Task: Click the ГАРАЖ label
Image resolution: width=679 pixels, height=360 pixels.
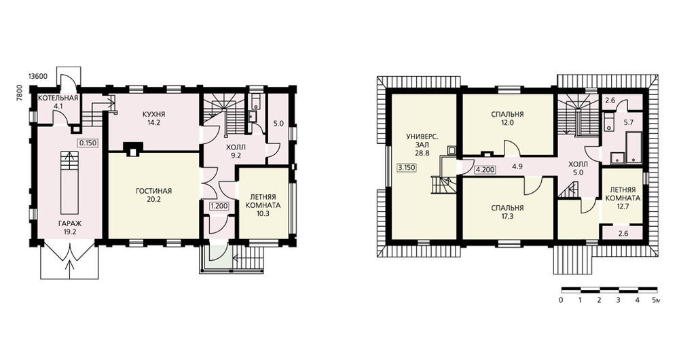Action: (70, 223)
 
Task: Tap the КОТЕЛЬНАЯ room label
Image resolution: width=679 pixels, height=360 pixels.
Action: (58, 98)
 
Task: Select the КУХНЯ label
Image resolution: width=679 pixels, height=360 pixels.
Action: (153, 114)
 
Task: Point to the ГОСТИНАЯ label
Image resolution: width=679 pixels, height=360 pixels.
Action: (153, 191)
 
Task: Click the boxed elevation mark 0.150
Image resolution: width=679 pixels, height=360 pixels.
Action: (88, 143)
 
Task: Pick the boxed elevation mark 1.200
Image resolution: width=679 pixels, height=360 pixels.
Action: (219, 206)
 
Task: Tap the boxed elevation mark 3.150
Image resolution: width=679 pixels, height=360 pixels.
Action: (406, 167)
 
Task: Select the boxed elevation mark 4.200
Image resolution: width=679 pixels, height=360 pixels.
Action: (485, 170)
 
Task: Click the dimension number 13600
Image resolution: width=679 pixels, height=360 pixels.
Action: (37, 76)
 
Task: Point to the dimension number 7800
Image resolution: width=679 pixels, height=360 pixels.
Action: (18, 92)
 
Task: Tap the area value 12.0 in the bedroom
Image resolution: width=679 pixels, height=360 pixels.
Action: (507, 122)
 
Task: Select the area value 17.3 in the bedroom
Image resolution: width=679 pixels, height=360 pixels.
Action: (507, 216)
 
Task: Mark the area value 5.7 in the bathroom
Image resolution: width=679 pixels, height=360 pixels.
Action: (628, 122)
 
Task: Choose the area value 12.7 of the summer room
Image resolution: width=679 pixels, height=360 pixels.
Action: (623, 206)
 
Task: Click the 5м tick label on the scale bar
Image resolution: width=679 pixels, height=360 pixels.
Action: (656, 300)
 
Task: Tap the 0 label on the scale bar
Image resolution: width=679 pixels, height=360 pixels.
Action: (562, 300)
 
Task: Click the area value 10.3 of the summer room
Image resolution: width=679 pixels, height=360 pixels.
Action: (263, 213)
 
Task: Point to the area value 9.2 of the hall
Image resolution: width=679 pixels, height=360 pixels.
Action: (236, 156)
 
